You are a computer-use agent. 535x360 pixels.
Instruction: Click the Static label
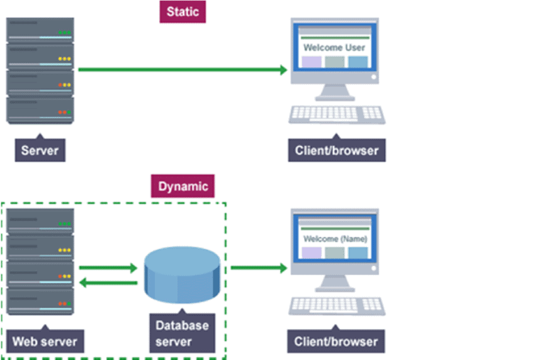[182, 12]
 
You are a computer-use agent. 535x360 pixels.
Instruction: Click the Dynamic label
[183, 186]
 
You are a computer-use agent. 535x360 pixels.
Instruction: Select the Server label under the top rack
[40, 150]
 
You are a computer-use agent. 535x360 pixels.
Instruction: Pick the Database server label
[183, 334]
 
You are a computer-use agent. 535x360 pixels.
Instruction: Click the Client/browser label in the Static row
[337, 150]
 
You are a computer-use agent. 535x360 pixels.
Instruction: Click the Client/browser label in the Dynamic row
[337, 342]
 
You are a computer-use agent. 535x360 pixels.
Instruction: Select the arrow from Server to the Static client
[183, 70]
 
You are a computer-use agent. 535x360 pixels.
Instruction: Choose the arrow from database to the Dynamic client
[259, 268]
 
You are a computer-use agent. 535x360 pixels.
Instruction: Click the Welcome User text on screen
[334, 47]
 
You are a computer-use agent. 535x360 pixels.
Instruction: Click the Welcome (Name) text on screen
[335, 239]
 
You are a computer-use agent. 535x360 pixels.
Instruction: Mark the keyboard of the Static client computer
[337, 114]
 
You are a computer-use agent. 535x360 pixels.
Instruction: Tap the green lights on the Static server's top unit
[64, 32]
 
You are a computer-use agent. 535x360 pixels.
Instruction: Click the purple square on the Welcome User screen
[312, 62]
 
